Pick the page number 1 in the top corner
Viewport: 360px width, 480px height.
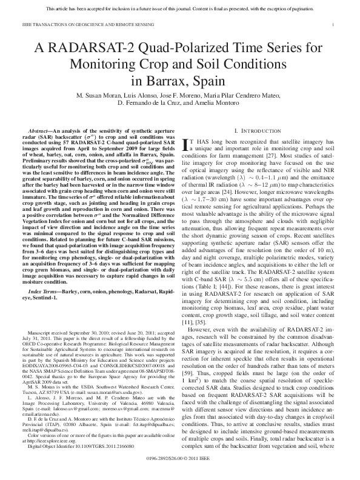pos(334,24)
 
